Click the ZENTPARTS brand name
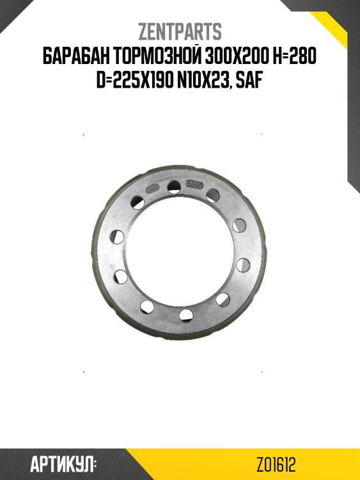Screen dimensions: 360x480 click(180, 32)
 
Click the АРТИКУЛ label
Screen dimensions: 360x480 click(61, 465)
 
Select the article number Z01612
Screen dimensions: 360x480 click(276, 465)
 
